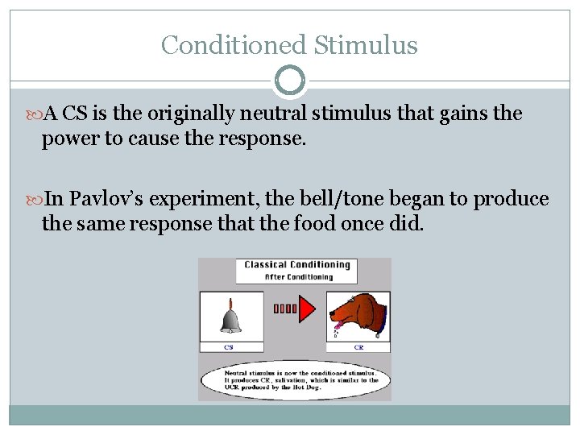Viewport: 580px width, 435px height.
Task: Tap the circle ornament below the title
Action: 290,81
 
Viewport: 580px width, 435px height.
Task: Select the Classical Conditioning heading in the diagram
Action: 297,264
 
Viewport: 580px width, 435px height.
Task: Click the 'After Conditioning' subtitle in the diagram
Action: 298,276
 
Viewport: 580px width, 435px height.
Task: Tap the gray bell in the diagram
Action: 230,317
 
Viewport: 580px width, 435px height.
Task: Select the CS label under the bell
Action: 230,347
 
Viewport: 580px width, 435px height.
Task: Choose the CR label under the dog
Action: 358,347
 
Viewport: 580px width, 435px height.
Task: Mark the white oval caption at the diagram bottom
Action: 296,380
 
